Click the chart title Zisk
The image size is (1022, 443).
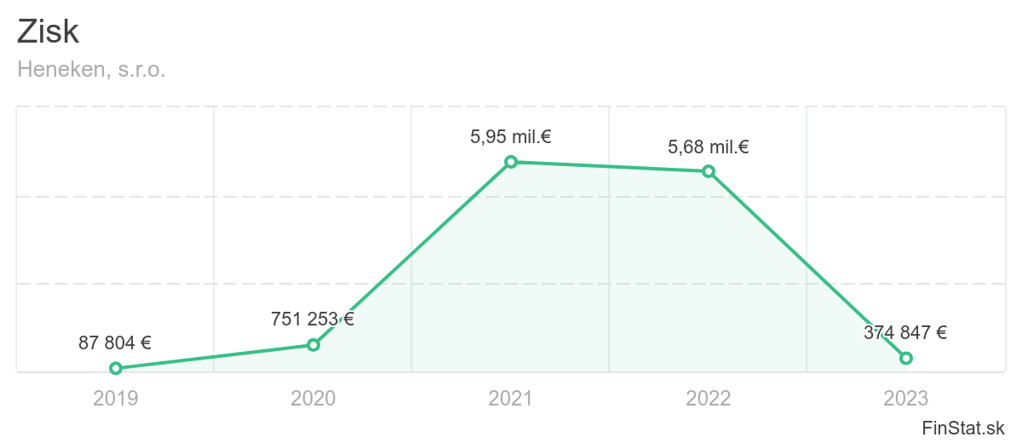coord(49,32)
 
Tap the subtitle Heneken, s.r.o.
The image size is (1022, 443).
coord(91,70)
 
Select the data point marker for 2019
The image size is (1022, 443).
coord(116,368)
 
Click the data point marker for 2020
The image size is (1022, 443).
coord(313,344)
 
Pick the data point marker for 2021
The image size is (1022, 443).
coord(511,161)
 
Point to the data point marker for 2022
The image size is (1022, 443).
coord(709,171)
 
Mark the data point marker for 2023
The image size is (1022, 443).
coord(906,358)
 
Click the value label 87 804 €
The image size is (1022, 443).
coord(115,343)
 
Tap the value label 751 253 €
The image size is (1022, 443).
coord(313,319)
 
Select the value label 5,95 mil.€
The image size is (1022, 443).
coord(511,136)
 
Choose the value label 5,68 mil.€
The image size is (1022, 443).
coord(709,147)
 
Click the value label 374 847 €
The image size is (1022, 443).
coord(905,333)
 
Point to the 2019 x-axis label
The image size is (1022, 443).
coord(116,398)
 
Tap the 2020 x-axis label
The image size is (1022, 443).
coord(313,398)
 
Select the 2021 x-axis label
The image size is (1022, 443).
coord(511,398)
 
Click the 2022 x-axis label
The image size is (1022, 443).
coord(709,398)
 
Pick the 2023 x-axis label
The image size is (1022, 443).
coord(906,398)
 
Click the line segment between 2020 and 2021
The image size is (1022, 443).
coord(412,253)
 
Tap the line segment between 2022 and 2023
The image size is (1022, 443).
coord(807,265)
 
